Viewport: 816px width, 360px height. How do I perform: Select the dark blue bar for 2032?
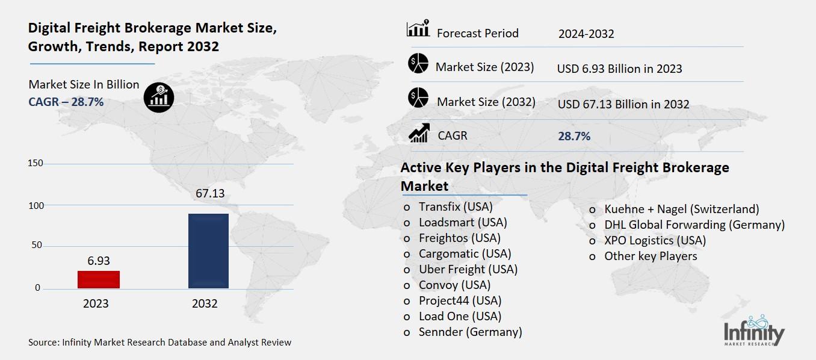[x=208, y=251]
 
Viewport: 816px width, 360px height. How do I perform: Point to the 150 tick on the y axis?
[x=36, y=164]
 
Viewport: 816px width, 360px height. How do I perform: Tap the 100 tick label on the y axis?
[x=36, y=205]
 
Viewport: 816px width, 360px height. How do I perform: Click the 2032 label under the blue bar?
[x=205, y=303]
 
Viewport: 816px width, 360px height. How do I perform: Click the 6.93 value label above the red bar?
[x=98, y=261]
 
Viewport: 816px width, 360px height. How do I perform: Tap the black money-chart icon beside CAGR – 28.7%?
[x=159, y=98]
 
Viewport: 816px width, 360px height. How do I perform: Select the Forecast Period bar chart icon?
[x=418, y=29]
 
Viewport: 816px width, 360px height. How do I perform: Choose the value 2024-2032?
[x=586, y=34]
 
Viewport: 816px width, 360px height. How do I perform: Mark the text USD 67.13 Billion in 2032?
[x=623, y=104]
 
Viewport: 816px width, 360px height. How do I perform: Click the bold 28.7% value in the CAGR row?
[x=574, y=136]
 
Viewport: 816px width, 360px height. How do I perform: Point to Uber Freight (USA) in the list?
[x=468, y=269]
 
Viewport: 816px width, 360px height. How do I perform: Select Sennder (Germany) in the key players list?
[x=470, y=332]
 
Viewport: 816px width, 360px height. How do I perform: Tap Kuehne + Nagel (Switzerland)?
[x=681, y=209]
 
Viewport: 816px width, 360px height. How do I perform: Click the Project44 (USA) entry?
[x=460, y=300]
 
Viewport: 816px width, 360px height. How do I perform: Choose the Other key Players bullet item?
[x=651, y=256]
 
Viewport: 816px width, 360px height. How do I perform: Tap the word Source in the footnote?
[x=43, y=343]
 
